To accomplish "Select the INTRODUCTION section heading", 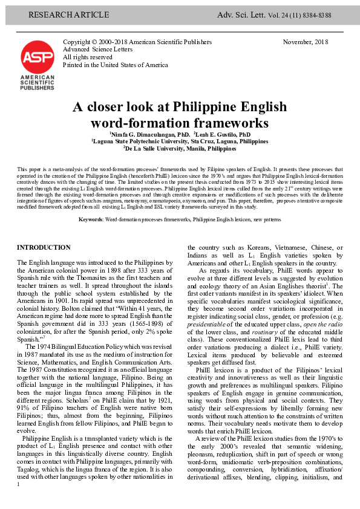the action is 44,248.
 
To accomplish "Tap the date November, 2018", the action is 306,42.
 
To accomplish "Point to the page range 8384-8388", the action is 317,15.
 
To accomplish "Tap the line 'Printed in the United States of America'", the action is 116,65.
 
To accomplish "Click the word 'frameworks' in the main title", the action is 233,123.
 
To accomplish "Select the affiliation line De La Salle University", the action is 180,148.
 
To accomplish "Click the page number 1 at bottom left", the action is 19,501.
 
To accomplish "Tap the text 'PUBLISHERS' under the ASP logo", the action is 37,87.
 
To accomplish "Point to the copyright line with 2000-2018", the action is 137,42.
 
